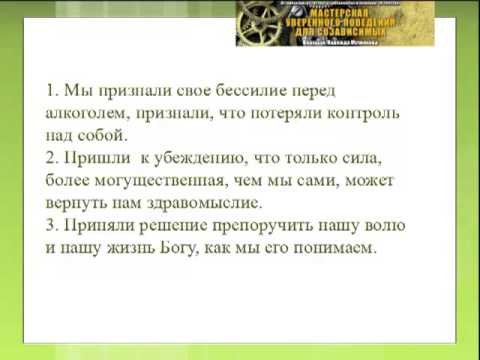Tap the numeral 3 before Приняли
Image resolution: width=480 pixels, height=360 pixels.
[52, 224]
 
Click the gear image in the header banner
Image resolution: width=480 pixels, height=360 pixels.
[261, 22]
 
